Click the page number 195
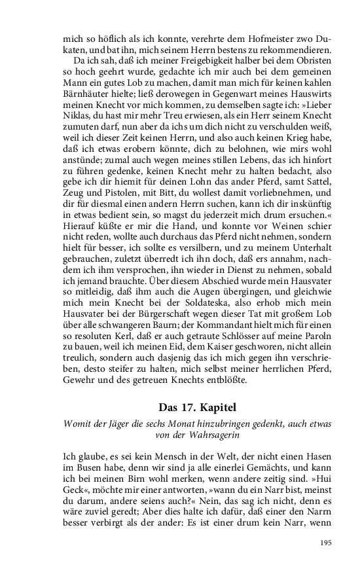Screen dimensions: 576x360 pyautogui.click(x=326, y=542)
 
